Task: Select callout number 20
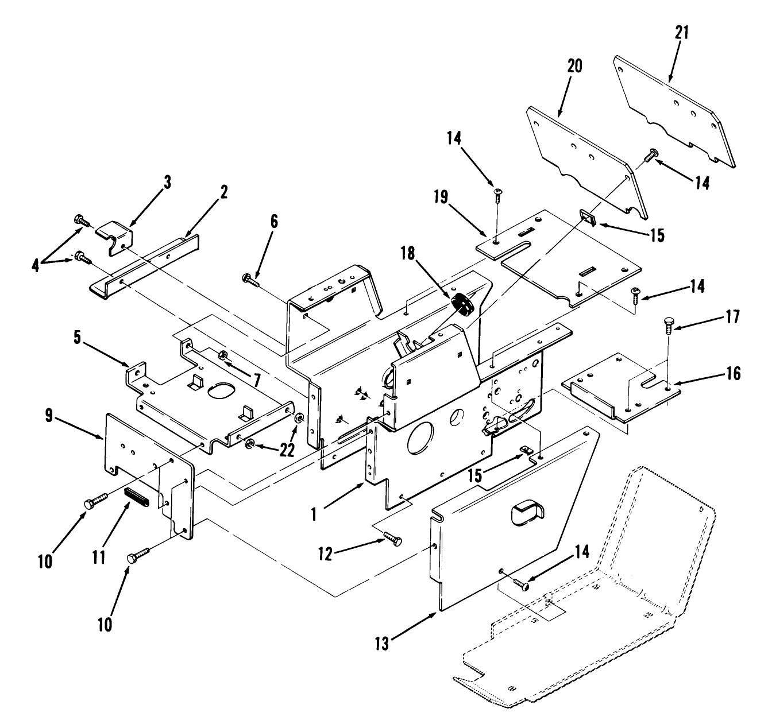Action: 574,67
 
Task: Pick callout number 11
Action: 99,556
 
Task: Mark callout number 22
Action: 286,451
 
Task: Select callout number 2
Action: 223,192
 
